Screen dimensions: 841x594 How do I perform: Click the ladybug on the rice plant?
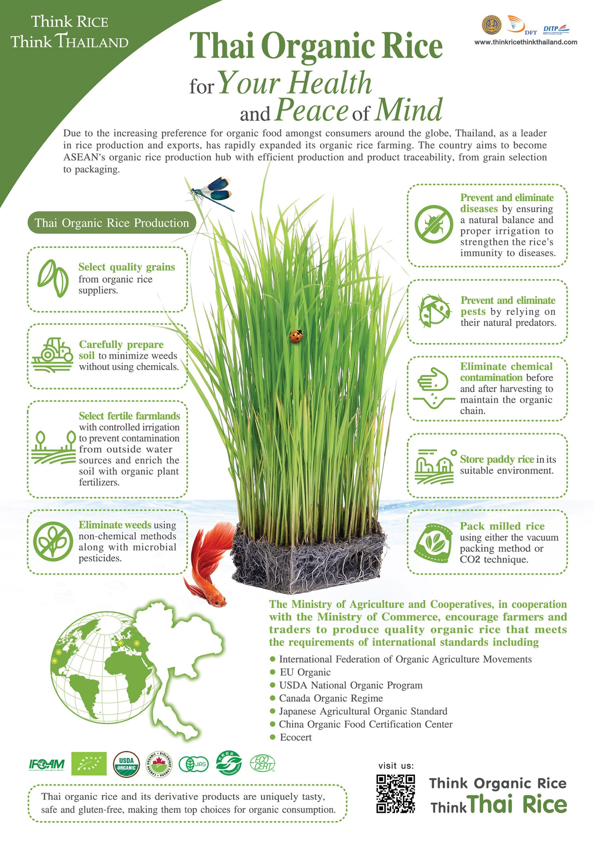pyautogui.click(x=296, y=336)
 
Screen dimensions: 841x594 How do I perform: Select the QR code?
pyautogui.click(x=395, y=794)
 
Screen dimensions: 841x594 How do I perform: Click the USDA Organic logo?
pyautogui.click(x=126, y=764)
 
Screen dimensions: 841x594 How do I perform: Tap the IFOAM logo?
pyautogui.click(x=47, y=765)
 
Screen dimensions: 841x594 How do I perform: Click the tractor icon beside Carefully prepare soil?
pyautogui.click(x=52, y=355)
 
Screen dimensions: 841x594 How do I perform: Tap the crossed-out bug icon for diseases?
pyautogui.click(x=434, y=224)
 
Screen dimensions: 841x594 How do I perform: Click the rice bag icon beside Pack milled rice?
pyautogui.click(x=433, y=542)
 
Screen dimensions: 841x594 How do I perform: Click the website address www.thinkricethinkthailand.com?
pyautogui.click(x=525, y=42)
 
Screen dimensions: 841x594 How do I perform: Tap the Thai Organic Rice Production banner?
pyautogui.click(x=112, y=223)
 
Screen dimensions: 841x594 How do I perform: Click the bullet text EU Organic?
pyautogui.click(x=305, y=672)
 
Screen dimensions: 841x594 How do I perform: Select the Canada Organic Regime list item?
pyautogui.click(x=331, y=698)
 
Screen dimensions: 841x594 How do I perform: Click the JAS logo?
pyautogui.click(x=194, y=764)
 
